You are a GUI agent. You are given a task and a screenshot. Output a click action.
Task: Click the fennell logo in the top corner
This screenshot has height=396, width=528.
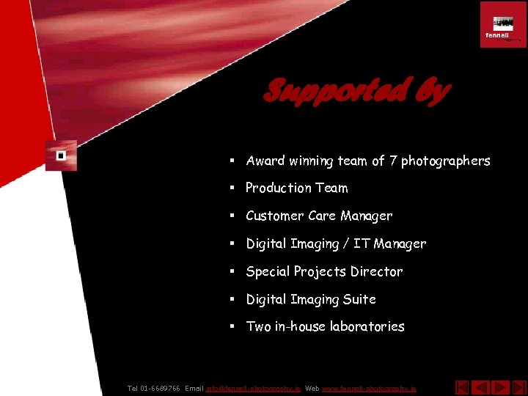[503, 25]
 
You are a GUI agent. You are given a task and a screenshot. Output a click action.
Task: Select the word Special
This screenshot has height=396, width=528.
[268, 272]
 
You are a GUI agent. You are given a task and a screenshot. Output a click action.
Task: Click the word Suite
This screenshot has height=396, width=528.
[359, 299]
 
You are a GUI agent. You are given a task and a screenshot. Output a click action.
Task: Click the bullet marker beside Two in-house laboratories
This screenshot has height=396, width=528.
[230, 327]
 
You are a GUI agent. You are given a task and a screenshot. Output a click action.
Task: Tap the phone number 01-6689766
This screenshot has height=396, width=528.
[159, 388]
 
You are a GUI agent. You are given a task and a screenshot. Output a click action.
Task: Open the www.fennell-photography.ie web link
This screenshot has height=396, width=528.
[369, 388]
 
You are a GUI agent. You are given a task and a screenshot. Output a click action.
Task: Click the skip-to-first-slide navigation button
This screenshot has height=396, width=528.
[461, 387]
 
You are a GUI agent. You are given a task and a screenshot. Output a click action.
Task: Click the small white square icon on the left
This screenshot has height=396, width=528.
[61, 155]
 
